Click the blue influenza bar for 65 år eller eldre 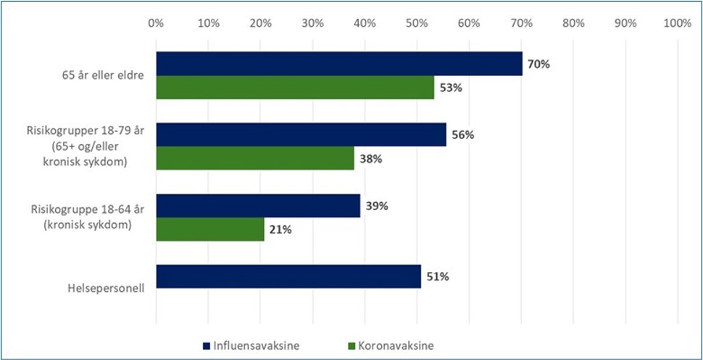click(x=339, y=64)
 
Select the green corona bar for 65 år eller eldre click(x=295, y=88)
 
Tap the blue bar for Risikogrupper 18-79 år click(x=301, y=135)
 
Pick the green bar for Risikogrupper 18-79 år click(x=255, y=158)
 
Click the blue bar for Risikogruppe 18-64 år click(x=258, y=206)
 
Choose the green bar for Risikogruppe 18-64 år click(x=210, y=230)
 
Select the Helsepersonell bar click(x=288, y=277)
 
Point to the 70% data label click(x=538, y=64)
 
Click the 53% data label click(x=450, y=88)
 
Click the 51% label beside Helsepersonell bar click(x=437, y=277)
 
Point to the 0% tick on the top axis click(x=156, y=23)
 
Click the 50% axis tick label click(x=417, y=23)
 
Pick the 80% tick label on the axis click(x=573, y=23)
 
